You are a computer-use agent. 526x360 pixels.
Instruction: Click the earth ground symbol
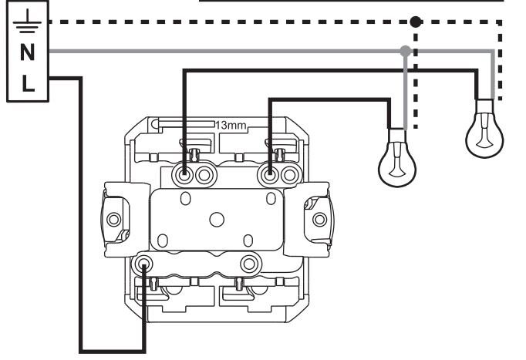(x=27, y=22)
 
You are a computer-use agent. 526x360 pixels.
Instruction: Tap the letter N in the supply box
(x=28, y=52)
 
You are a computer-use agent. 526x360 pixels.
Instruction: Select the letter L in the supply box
(x=29, y=83)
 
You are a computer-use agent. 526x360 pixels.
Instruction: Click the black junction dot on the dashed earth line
(x=416, y=22)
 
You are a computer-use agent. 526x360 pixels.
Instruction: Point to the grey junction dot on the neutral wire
(x=406, y=52)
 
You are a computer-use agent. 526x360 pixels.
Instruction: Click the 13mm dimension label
(x=231, y=126)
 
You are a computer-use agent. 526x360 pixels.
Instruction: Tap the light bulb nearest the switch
(x=397, y=157)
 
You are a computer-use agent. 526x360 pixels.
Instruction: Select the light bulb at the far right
(x=484, y=129)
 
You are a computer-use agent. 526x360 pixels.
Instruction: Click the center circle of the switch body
(x=217, y=220)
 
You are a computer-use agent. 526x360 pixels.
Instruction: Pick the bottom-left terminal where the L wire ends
(x=144, y=264)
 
